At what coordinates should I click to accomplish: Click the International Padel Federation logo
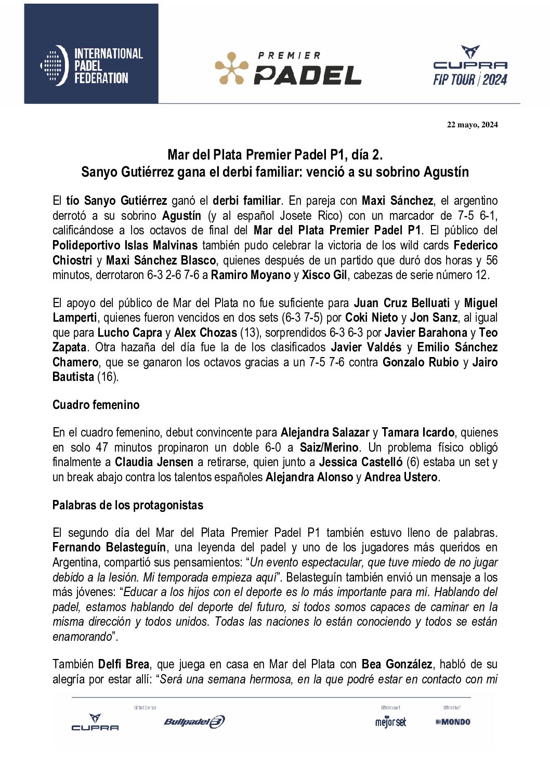(x=91, y=65)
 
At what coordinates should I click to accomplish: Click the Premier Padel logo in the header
(x=288, y=69)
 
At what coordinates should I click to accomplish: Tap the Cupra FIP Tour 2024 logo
(x=470, y=66)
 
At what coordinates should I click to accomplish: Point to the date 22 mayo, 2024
(x=472, y=124)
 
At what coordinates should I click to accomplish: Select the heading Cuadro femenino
(x=96, y=405)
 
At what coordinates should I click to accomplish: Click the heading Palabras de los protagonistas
(x=128, y=505)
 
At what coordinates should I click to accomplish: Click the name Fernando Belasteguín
(x=109, y=547)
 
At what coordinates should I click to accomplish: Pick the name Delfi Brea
(x=124, y=664)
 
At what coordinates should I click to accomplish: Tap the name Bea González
(x=397, y=664)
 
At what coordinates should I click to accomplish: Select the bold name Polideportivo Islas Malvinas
(x=125, y=245)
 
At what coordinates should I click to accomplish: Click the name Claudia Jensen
(x=153, y=462)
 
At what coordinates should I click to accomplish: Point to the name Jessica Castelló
(x=361, y=462)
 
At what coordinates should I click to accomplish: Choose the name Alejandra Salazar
(x=325, y=432)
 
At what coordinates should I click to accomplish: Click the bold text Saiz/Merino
(x=330, y=447)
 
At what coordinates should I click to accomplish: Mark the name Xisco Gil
(x=324, y=275)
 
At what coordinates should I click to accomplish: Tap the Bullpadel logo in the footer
(x=194, y=721)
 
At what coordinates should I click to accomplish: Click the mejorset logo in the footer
(x=390, y=721)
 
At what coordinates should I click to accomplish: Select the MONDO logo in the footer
(x=453, y=721)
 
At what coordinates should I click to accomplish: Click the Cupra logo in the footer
(x=95, y=722)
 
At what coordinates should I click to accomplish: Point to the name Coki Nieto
(x=371, y=318)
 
